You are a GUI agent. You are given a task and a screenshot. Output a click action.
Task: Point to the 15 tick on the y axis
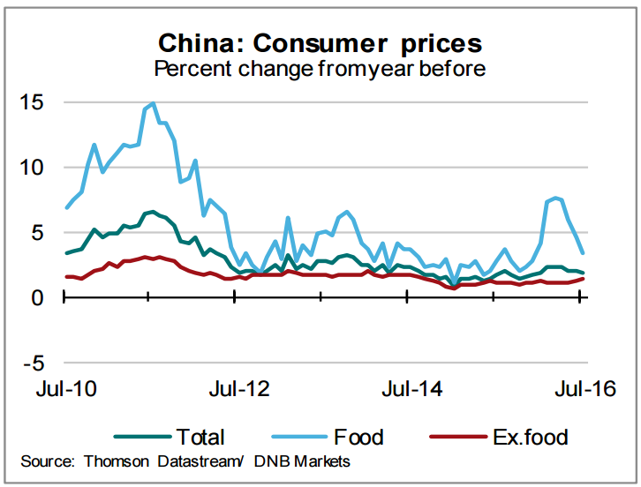pyautogui.click(x=32, y=102)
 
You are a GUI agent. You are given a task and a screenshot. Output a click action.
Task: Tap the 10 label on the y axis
pyautogui.click(x=32, y=168)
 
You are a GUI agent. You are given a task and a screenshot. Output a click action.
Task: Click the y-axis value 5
pyautogui.click(x=38, y=233)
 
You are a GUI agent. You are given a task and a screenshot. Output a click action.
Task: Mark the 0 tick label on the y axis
pyautogui.click(x=38, y=297)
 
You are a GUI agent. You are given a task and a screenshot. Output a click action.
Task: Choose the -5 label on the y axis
pyautogui.click(x=33, y=363)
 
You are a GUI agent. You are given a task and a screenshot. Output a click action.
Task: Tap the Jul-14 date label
pyautogui.click(x=409, y=389)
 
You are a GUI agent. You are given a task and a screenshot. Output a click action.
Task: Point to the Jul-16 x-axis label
pyautogui.click(x=580, y=389)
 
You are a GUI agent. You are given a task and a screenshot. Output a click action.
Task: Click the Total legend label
pyautogui.click(x=200, y=436)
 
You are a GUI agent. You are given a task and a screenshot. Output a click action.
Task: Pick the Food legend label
pyautogui.click(x=358, y=436)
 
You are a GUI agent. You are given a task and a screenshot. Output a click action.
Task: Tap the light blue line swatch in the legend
pyautogui.click(x=296, y=437)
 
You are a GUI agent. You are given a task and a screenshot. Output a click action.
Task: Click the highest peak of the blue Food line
pyautogui.click(x=154, y=103)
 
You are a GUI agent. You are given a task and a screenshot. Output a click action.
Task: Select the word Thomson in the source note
pyautogui.click(x=119, y=461)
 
